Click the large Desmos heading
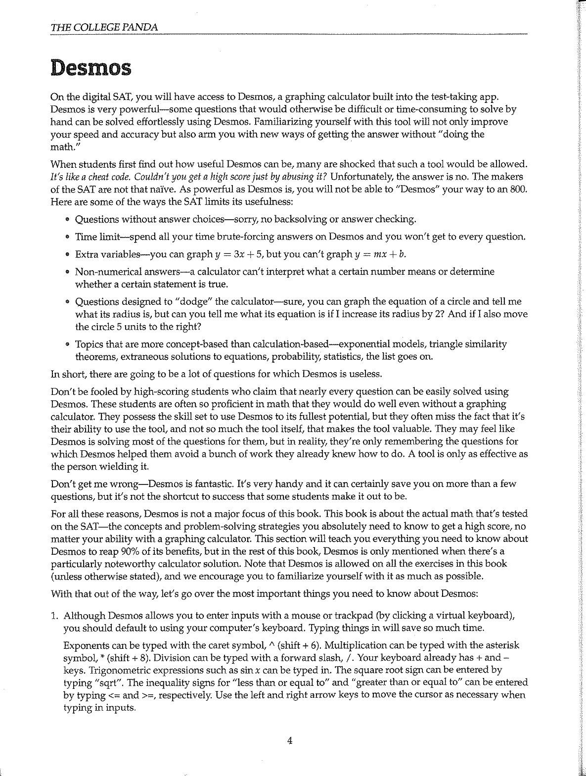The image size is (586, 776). pos(91,67)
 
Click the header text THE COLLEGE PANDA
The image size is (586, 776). pos(104,27)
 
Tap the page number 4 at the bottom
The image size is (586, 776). pos(290,740)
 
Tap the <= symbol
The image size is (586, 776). pos(113,695)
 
